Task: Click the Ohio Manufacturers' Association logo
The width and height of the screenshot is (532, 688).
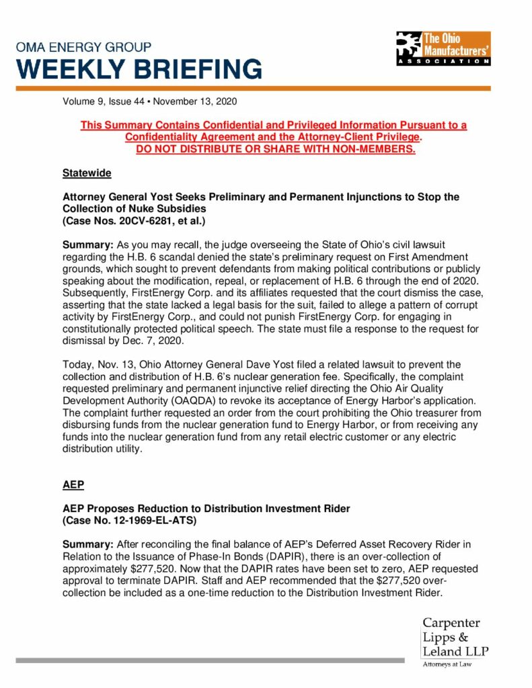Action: pyautogui.click(x=443, y=48)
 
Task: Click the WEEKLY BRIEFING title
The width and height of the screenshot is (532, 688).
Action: pyautogui.click(x=139, y=69)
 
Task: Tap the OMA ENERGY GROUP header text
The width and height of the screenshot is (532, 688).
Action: pyautogui.click(x=84, y=48)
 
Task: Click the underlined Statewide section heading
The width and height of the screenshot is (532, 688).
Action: pyautogui.click(x=87, y=173)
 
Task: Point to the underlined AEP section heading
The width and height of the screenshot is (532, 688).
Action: pyautogui.click(x=73, y=484)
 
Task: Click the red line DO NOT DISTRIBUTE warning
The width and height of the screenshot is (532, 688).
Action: pyautogui.click(x=276, y=148)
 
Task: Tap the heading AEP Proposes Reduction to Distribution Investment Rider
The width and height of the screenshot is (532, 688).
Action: pyautogui.click(x=206, y=509)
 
